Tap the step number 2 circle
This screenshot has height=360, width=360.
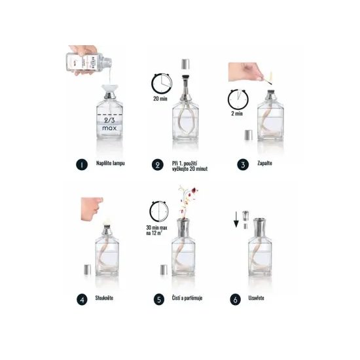tap(158, 165)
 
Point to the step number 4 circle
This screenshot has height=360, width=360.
tap(82, 300)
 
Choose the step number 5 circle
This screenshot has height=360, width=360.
tap(158, 300)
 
